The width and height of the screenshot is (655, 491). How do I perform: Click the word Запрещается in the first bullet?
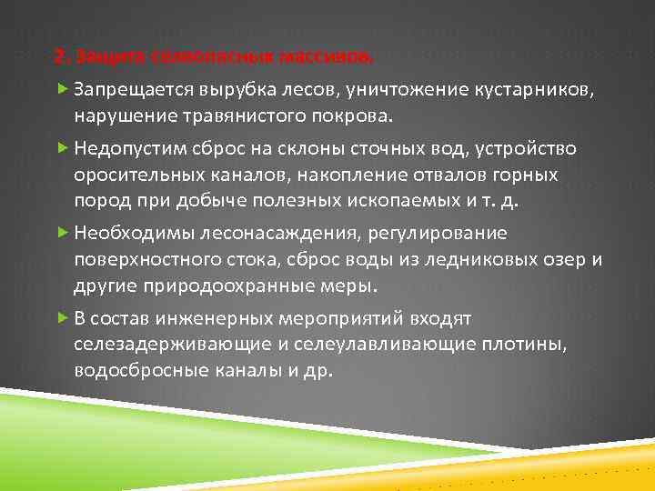(131, 90)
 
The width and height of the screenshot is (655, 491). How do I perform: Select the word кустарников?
(534, 90)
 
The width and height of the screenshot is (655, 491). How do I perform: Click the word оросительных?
(144, 174)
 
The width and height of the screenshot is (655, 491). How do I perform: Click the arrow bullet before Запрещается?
(62, 89)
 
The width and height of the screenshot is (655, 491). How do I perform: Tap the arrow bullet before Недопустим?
(62, 147)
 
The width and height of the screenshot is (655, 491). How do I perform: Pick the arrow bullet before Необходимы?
(62, 233)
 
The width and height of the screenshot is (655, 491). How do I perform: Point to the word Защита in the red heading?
(103, 57)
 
